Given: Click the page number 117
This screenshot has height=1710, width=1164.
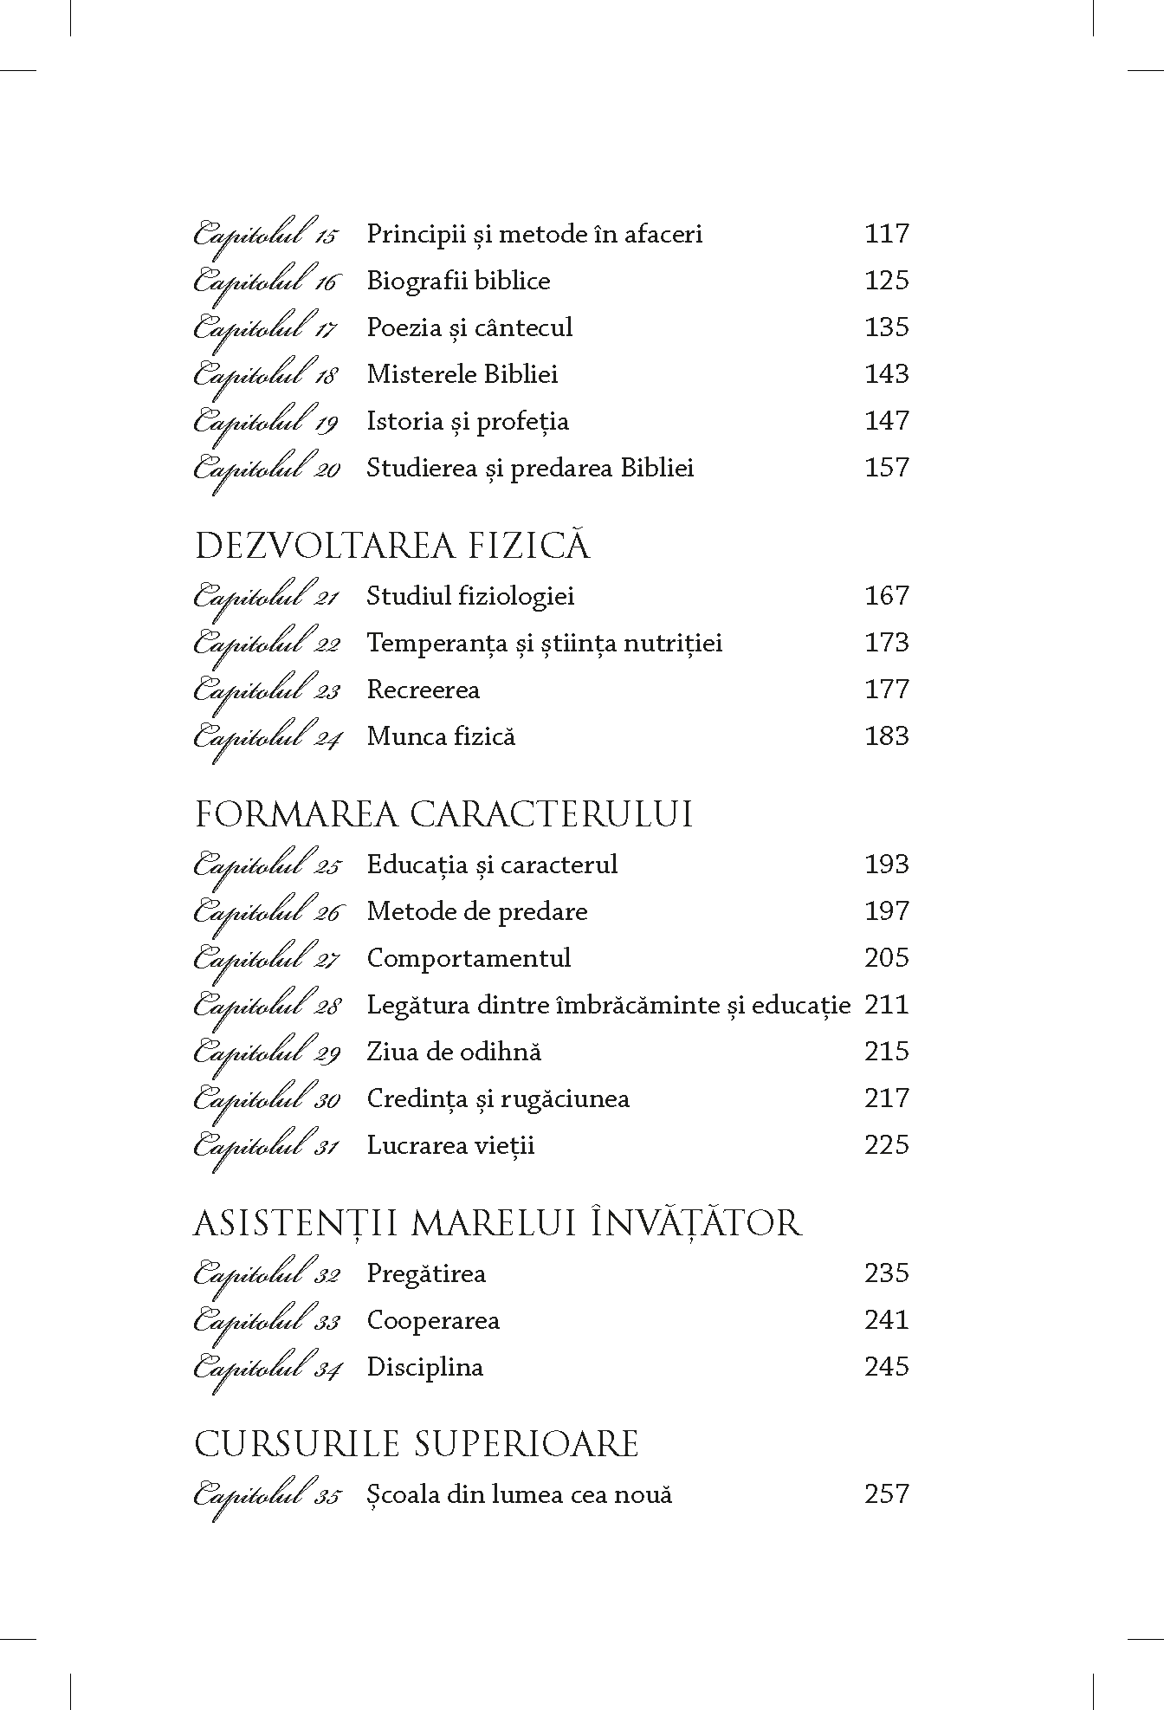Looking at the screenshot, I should coord(886,233).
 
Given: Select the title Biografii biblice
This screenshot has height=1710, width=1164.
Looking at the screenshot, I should coord(458,281).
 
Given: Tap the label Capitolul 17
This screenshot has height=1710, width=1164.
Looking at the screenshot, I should coord(267,328).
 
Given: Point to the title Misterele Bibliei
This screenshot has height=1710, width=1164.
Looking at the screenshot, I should coord(462,374).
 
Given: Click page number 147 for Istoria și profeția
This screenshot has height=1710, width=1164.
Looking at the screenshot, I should coord(886,421).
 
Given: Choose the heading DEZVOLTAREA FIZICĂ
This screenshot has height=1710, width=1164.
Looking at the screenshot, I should coord(393,547).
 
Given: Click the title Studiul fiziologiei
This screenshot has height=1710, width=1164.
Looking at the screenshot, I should coord(470,596).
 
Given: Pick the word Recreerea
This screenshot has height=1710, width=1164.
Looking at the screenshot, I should coord(423,690).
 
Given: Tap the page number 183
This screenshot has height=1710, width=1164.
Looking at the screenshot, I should coord(886,736).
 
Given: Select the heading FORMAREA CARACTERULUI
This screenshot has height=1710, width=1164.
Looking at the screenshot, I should coord(443,815).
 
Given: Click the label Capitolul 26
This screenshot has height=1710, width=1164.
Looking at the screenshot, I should coord(267,912).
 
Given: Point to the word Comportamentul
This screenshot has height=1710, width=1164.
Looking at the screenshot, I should coord(469,958).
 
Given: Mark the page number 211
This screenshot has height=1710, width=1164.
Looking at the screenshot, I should coord(886,1005).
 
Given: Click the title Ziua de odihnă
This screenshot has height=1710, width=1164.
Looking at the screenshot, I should coord(454,1052).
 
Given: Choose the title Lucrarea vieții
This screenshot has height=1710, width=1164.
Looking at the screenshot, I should coord(450,1145).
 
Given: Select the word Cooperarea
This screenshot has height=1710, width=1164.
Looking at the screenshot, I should coord(433,1320).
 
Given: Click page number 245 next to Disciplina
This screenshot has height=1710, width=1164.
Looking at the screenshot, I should coord(886,1367).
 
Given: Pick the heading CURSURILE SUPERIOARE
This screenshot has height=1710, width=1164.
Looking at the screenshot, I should coord(416,1444).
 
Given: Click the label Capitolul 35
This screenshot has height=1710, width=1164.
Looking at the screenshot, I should coord(267,1496).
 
